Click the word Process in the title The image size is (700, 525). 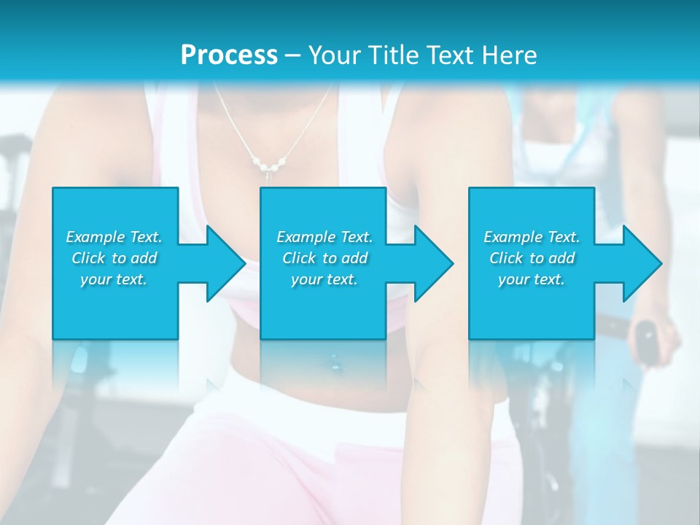229,55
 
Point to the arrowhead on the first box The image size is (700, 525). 222,263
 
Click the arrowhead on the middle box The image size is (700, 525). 430,263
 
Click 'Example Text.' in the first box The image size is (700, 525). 114,237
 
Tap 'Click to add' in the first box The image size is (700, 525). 114,258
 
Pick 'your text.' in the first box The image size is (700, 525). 114,279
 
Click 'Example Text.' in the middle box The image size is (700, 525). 324,237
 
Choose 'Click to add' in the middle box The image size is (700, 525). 324,258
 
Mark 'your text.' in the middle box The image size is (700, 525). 324,279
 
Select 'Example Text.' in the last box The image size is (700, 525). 532,237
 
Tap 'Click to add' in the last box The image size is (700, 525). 532,258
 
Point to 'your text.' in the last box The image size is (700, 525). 532,279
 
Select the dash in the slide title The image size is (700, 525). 292,55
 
